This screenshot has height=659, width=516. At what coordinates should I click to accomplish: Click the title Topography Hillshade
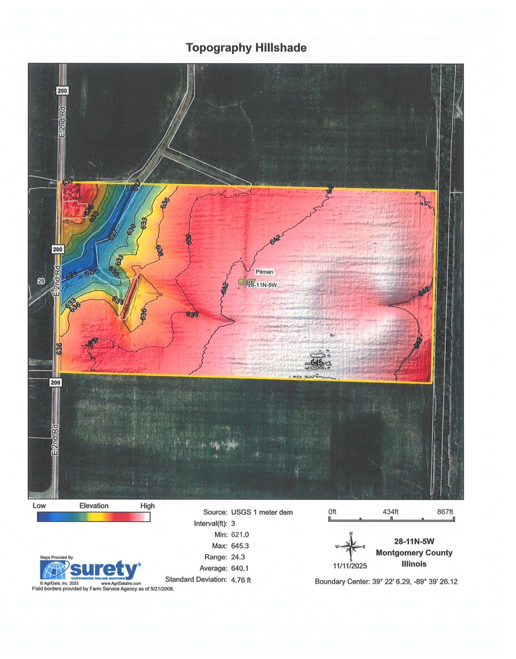pyautogui.click(x=246, y=48)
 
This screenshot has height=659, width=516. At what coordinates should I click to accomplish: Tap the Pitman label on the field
pyautogui.click(x=264, y=272)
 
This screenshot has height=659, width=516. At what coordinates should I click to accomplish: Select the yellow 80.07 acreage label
pyautogui.click(x=247, y=282)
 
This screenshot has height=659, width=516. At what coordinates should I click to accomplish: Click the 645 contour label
pyautogui.click(x=316, y=362)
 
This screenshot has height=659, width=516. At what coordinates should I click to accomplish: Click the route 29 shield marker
pyautogui.click(x=41, y=281)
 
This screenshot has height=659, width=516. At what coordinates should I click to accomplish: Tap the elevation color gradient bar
pyautogui.click(x=94, y=517)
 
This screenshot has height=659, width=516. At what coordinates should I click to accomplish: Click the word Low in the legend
pyautogui.click(x=39, y=506)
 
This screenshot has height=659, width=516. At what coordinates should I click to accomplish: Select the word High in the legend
pyautogui.click(x=147, y=506)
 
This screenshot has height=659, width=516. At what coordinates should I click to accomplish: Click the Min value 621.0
pyautogui.click(x=240, y=534)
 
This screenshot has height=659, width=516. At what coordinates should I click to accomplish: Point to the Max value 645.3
pyautogui.click(x=240, y=546)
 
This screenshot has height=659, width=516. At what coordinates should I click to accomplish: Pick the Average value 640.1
pyautogui.click(x=240, y=568)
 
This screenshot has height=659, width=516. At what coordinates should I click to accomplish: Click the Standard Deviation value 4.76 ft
pyautogui.click(x=241, y=580)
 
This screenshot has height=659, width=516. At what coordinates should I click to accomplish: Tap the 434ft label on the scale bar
pyautogui.click(x=390, y=512)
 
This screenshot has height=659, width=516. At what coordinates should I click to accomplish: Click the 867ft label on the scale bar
pyautogui.click(x=445, y=512)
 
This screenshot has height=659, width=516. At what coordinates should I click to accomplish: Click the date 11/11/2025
pyautogui.click(x=349, y=566)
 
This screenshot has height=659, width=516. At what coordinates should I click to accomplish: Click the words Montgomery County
pyautogui.click(x=414, y=553)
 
